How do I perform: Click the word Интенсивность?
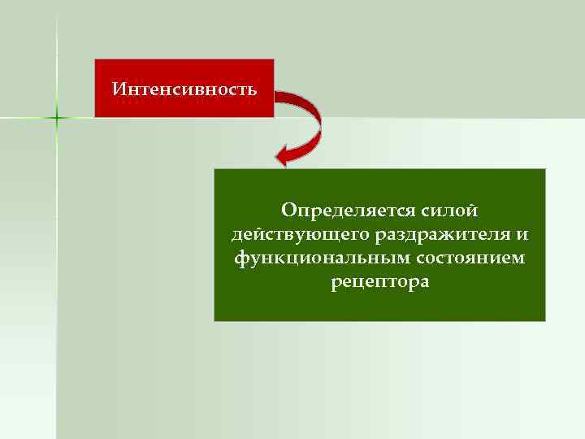click(x=184, y=88)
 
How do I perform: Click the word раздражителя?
click(x=443, y=235)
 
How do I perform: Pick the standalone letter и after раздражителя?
click(x=522, y=235)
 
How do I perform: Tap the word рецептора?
click(x=379, y=282)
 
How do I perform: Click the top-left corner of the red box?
click(x=95, y=59)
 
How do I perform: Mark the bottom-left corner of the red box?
click(x=95, y=117)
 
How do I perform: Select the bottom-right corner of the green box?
click(x=545, y=320)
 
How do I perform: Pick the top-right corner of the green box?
click(x=545, y=169)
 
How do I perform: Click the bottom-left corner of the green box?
click(x=214, y=320)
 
